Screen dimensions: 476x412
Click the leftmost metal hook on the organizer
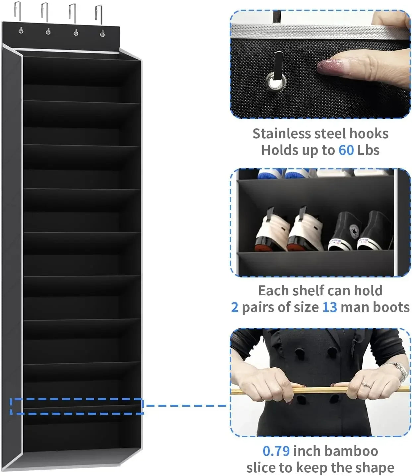click(18, 12)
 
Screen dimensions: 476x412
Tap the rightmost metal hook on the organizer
click(99, 13)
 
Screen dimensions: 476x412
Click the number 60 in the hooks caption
click(346, 150)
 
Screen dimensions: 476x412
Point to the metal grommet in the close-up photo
click(276, 82)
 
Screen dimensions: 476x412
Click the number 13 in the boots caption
click(329, 307)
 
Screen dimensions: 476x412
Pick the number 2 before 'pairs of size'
click(235, 307)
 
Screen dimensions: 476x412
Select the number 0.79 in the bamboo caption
click(276, 451)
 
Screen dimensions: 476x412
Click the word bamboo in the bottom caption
click(352, 451)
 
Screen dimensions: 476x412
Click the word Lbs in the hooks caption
click(368, 150)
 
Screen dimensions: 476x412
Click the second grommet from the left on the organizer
click(48, 31)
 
